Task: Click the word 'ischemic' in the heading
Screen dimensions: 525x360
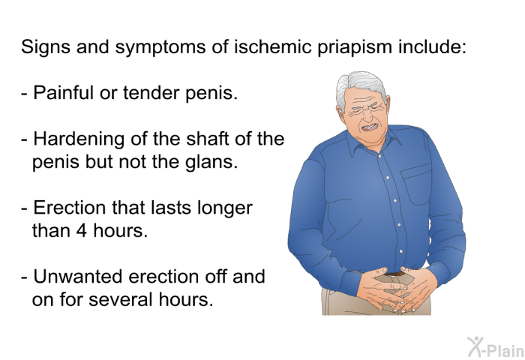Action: [x=271, y=46]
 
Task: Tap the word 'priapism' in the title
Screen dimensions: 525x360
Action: [x=354, y=47]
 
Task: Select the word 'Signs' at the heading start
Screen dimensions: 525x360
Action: [x=46, y=47]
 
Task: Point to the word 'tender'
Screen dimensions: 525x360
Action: [x=151, y=93]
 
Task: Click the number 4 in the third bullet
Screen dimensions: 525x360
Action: [x=81, y=231]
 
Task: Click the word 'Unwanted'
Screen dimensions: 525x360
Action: [x=78, y=277]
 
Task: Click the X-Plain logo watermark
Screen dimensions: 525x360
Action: [x=496, y=347]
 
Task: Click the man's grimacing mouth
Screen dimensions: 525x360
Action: [x=370, y=127]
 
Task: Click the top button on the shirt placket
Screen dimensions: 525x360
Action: [x=379, y=156]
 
